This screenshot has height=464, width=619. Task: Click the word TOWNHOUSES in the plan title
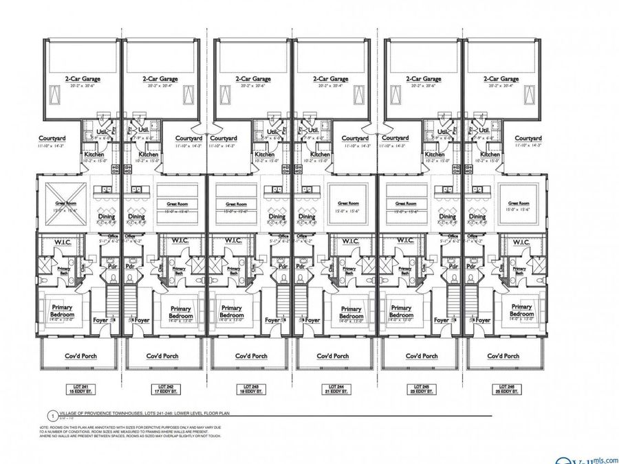(x=128, y=415)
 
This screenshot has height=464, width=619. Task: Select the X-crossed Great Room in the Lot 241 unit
(x=67, y=203)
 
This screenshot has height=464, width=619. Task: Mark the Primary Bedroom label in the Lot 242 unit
(x=180, y=311)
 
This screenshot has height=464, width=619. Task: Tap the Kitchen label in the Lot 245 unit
(x=435, y=155)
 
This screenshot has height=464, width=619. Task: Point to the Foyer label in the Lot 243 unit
(x=273, y=320)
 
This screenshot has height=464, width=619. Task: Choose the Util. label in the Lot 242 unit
(x=144, y=130)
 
